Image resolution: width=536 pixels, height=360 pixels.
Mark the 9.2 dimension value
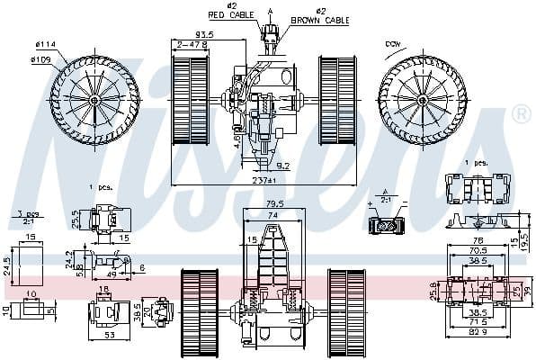(281, 165)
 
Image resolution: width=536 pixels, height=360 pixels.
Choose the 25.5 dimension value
(76, 219)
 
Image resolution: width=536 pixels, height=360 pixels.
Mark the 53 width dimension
(108, 336)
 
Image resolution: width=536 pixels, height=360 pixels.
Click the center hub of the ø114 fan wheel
(94, 100)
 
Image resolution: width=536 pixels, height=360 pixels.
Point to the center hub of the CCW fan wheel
(423, 95)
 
